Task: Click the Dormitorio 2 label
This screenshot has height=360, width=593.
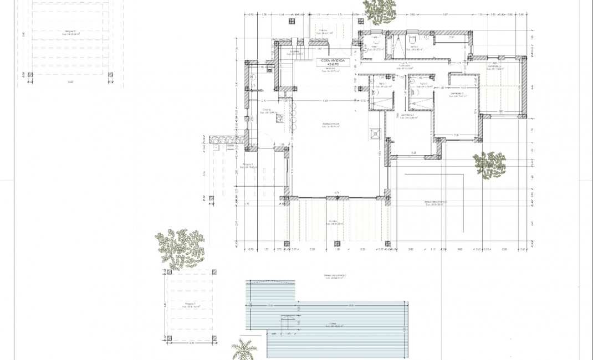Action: [x=457, y=95]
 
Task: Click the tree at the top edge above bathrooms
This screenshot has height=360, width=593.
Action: [x=380, y=10]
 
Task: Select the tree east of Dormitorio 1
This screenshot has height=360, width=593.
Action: [x=490, y=164]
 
